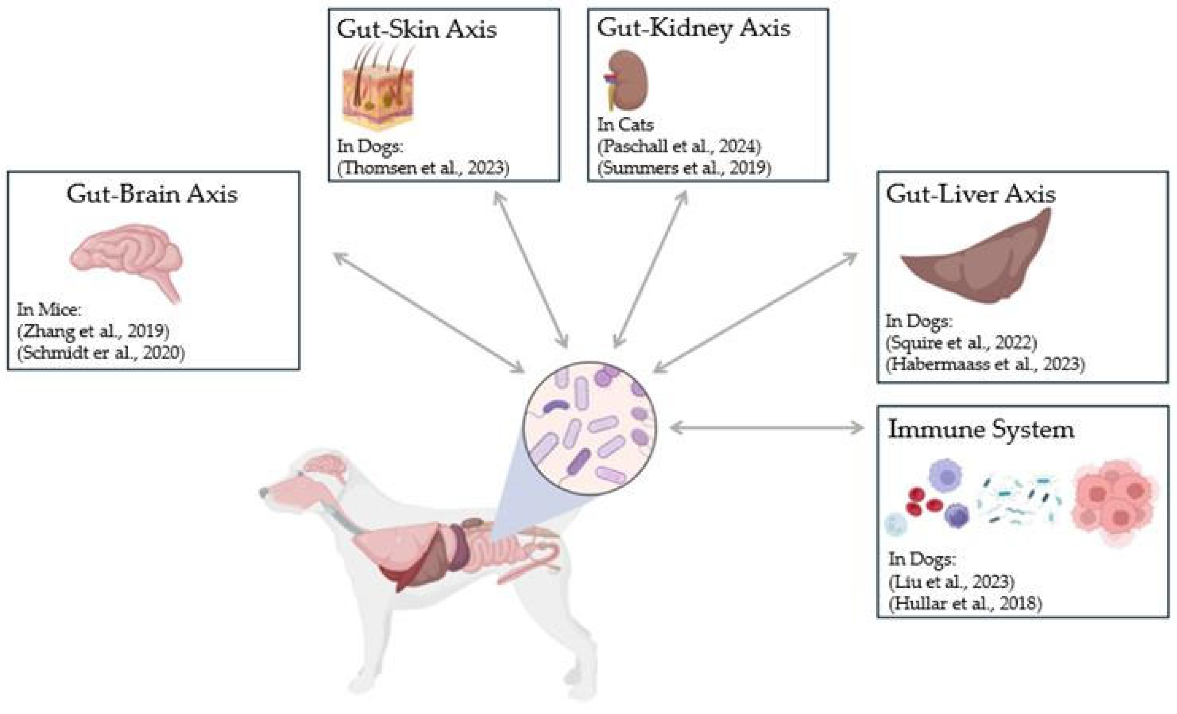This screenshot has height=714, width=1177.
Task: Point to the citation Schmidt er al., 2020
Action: pos(101,353)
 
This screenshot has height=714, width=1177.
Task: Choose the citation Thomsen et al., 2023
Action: pos(423,168)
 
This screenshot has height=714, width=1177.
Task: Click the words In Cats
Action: pos(625,125)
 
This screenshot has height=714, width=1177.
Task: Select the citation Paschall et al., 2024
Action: pos(679,146)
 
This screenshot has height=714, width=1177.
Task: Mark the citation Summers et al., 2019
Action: pos(684,168)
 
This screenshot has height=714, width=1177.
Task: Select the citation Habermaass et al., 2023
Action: pos(985,365)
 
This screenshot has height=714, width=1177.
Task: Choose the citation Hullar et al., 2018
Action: pos(965,604)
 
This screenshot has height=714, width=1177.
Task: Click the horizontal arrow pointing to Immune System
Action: pos(767,428)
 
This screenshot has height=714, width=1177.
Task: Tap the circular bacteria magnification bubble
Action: pos(590,428)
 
